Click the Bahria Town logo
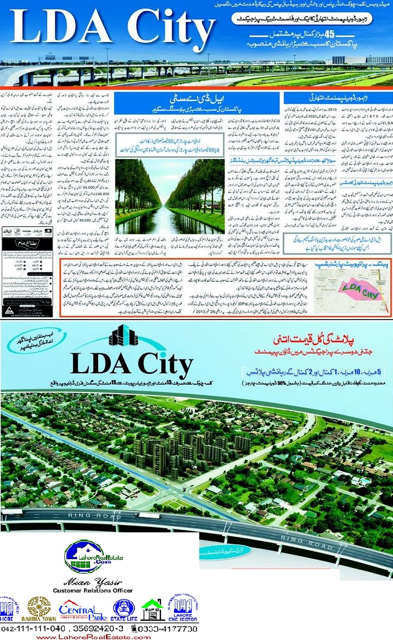click(x=38, y=608)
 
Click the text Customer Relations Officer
click(x=92, y=590)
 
